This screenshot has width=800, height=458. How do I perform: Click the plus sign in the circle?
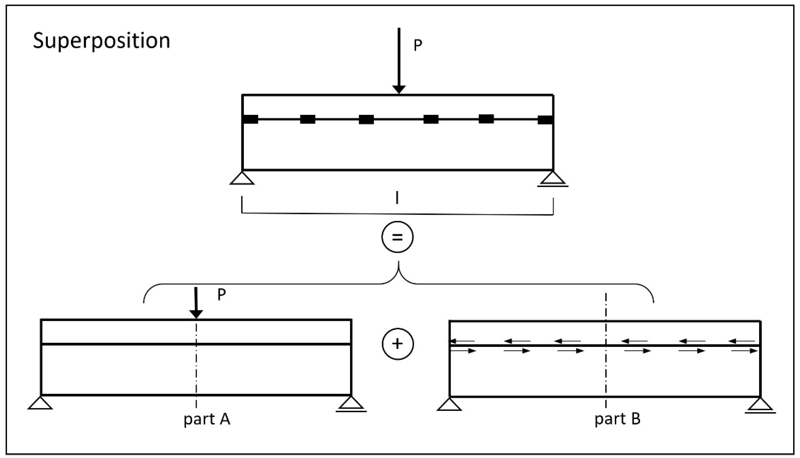(x=398, y=344)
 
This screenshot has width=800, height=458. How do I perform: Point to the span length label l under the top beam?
(x=397, y=198)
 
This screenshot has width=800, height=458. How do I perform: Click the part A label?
(x=207, y=419)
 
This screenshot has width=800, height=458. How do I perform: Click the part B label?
(x=617, y=419)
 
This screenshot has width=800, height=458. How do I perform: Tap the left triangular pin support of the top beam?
(x=242, y=178)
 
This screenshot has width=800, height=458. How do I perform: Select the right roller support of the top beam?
(x=553, y=179)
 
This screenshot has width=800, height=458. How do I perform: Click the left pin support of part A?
(x=40, y=403)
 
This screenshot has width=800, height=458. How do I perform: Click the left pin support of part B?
(x=449, y=405)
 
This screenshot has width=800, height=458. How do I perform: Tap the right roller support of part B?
(x=760, y=406)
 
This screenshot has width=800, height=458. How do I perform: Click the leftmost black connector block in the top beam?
(x=251, y=120)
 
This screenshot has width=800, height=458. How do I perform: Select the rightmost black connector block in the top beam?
(x=545, y=120)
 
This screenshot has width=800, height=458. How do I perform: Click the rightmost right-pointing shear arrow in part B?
(x=744, y=351)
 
